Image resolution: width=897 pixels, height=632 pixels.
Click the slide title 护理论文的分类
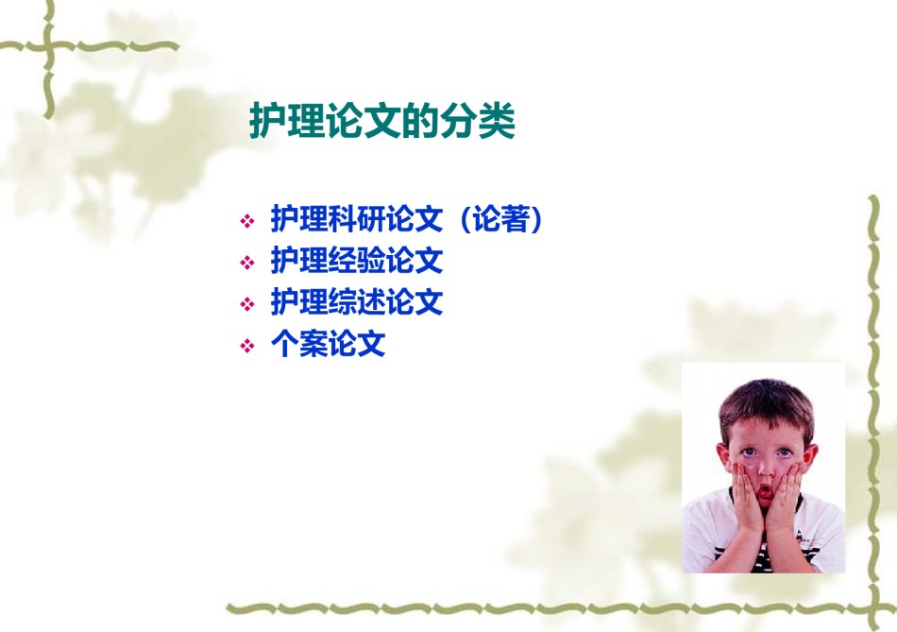click(x=382, y=121)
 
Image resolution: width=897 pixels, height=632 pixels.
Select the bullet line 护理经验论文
click(x=357, y=261)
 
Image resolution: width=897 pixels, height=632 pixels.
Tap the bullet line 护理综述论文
click(x=357, y=301)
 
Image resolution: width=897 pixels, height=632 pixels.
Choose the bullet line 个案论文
click(x=328, y=344)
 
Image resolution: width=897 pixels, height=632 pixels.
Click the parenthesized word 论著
click(x=500, y=218)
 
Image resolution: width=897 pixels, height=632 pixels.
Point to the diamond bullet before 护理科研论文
click(x=247, y=221)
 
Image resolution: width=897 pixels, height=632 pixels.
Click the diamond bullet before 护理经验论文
click(x=247, y=263)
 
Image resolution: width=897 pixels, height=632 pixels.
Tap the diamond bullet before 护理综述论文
click(x=247, y=304)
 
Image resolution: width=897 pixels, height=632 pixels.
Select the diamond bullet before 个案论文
click(x=247, y=346)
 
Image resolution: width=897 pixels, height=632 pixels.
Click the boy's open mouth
click(x=765, y=492)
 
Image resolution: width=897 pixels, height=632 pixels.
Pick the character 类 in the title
click(x=497, y=121)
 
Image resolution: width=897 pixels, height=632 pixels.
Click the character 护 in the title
click(x=268, y=121)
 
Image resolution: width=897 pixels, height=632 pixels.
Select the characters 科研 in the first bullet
click(x=357, y=218)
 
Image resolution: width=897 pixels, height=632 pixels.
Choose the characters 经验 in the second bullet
click(x=357, y=261)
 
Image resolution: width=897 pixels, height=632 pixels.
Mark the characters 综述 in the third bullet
click(x=357, y=301)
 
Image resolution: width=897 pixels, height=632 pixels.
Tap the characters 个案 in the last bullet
click(x=299, y=344)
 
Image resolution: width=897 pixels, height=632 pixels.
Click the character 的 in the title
click(x=420, y=121)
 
